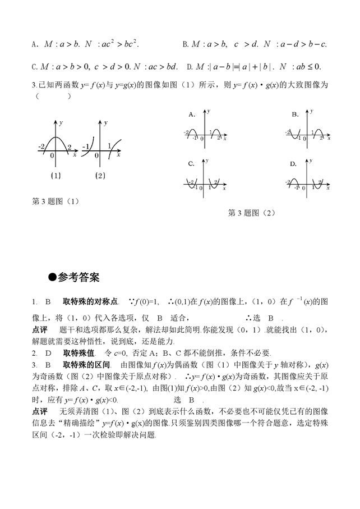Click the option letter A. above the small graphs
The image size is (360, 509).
click(192, 114)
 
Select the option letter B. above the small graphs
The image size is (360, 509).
click(294, 114)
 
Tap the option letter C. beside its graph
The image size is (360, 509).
click(191, 164)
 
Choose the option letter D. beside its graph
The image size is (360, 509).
click(293, 164)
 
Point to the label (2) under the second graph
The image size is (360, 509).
click(100, 176)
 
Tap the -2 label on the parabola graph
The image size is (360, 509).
click(41, 147)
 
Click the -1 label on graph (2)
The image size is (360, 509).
click(86, 147)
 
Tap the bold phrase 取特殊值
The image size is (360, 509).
click(80, 353)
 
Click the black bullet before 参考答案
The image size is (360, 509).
click(53, 277)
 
